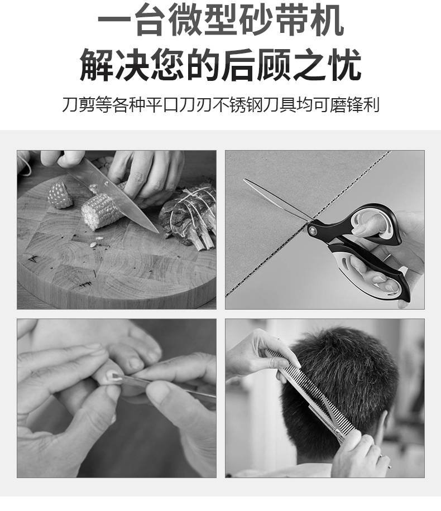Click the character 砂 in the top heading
pos(256,20)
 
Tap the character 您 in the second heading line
pos(167,64)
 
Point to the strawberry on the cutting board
pos(60,195)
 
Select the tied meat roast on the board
pos(189,216)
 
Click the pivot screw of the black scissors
pos(313,230)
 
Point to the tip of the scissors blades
pos(245,180)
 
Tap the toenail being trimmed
pos(112,375)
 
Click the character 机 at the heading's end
pos(327,20)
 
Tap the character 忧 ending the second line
pos(344,64)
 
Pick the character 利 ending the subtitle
pos(371,104)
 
